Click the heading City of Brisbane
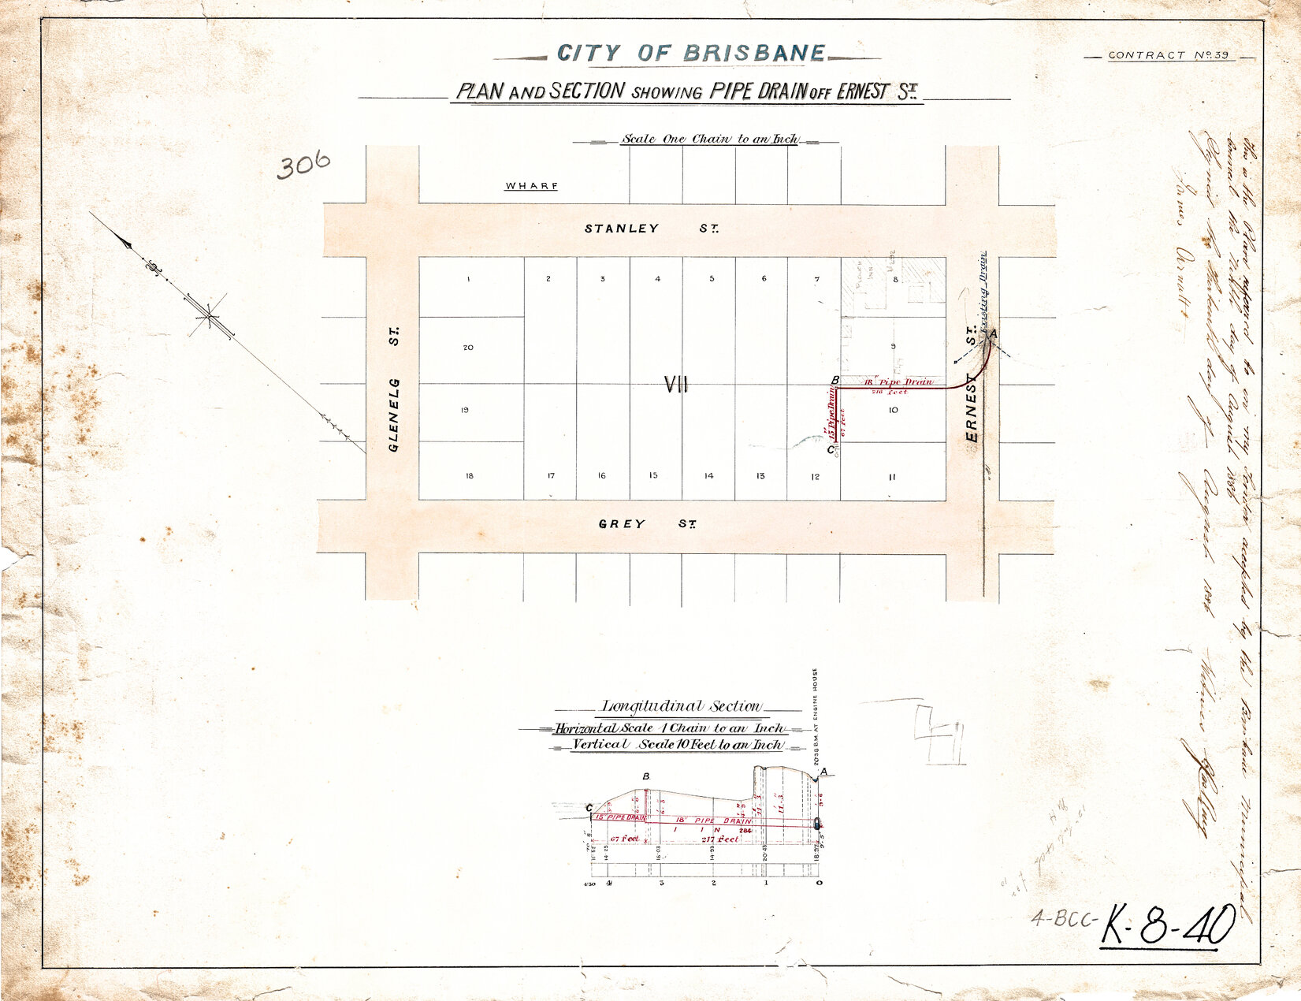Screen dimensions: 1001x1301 click(691, 54)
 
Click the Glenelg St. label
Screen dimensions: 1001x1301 click(394, 390)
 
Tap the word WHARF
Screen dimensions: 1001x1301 click(532, 186)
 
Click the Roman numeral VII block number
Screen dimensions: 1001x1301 click(676, 385)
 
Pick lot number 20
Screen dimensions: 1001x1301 click(468, 348)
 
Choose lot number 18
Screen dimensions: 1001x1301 click(469, 476)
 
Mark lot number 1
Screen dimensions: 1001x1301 click(468, 279)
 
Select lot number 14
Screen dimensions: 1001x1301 click(708, 476)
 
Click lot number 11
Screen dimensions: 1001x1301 click(892, 477)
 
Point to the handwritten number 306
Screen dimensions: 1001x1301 click(303, 166)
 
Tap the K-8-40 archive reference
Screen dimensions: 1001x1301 click(1168, 925)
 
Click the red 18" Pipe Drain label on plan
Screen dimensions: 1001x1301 click(898, 382)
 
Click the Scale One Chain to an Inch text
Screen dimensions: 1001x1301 click(709, 140)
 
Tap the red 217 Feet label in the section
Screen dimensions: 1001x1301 click(720, 839)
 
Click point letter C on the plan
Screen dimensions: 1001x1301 click(830, 450)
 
